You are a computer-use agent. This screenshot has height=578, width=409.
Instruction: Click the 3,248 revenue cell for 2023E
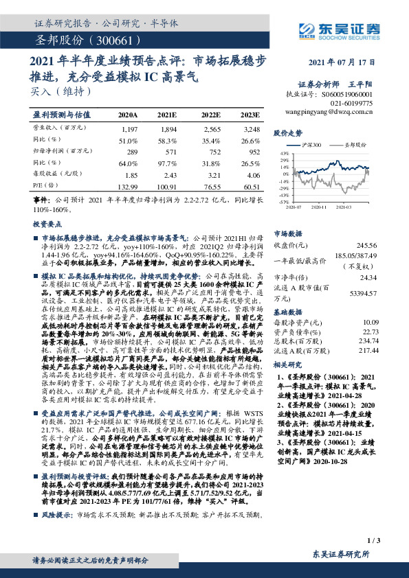(251, 129)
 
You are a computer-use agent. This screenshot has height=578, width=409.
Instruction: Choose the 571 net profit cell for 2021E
(169, 152)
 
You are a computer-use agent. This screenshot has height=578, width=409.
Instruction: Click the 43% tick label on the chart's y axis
(284, 152)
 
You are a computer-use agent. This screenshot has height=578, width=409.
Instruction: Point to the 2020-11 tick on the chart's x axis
(318, 206)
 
